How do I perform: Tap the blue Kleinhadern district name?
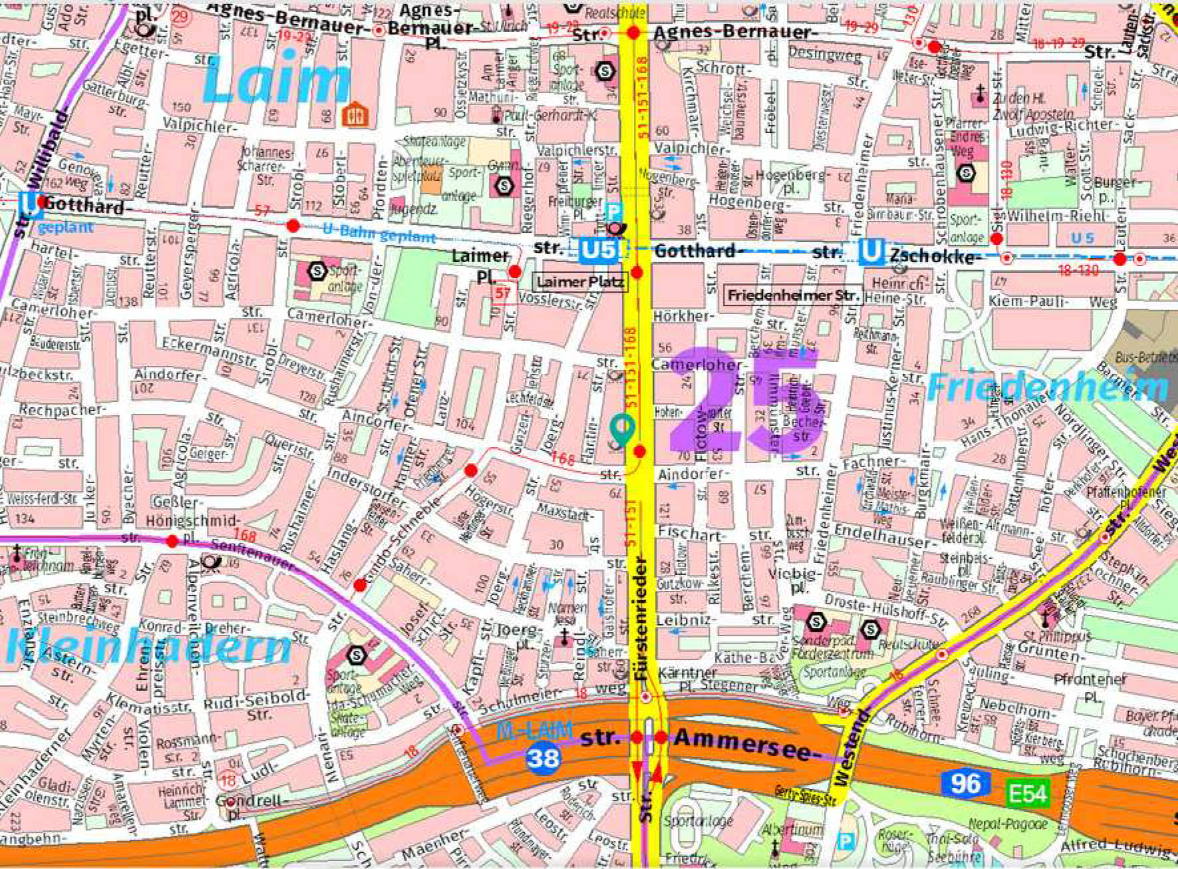click(148, 646)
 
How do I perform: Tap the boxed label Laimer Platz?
click(580, 282)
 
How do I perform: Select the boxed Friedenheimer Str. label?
click(793, 295)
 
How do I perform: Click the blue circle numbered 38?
click(542, 758)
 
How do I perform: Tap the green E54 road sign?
click(1028, 793)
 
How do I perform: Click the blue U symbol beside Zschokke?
click(871, 253)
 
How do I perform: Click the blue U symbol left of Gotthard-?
click(30, 204)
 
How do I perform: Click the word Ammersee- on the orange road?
click(743, 743)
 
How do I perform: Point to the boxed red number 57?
click(504, 293)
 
